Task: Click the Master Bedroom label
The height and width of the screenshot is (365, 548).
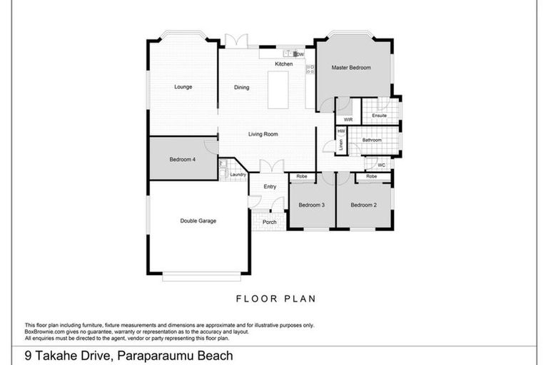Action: click(351, 68)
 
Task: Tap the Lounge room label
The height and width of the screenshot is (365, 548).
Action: click(183, 87)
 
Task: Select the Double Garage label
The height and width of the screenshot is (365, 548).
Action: click(198, 221)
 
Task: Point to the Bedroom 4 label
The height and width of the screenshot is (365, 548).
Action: click(183, 160)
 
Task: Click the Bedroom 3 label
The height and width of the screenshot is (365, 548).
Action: click(312, 205)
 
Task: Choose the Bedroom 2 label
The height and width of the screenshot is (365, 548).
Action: click(363, 205)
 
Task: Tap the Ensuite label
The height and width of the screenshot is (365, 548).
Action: click(379, 115)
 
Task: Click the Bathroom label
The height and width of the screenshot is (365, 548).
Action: click(372, 140)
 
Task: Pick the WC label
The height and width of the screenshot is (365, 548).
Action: click(381, 165)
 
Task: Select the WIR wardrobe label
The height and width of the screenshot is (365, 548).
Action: click(348, 120)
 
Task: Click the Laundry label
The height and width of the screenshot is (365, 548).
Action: click(238, 175)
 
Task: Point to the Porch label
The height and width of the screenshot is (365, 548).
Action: click(270, 222)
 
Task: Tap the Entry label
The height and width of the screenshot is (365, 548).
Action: click(270, 187)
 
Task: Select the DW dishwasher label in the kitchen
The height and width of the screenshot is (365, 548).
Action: click(300, 54)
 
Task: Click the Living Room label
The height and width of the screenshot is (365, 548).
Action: click(263, 134)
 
